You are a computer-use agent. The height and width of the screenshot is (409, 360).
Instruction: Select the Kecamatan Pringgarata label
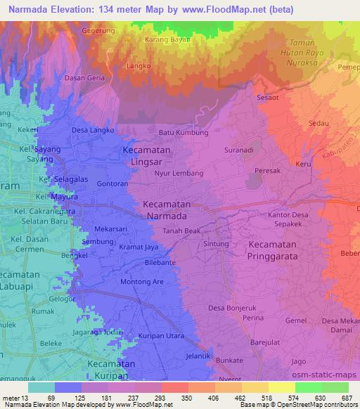283,251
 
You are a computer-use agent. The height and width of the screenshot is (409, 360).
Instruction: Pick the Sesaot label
269,98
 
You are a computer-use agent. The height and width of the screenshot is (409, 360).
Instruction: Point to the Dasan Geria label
84,78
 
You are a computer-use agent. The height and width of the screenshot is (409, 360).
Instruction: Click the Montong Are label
143,281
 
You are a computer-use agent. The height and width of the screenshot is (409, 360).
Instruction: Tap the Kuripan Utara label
161,337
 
